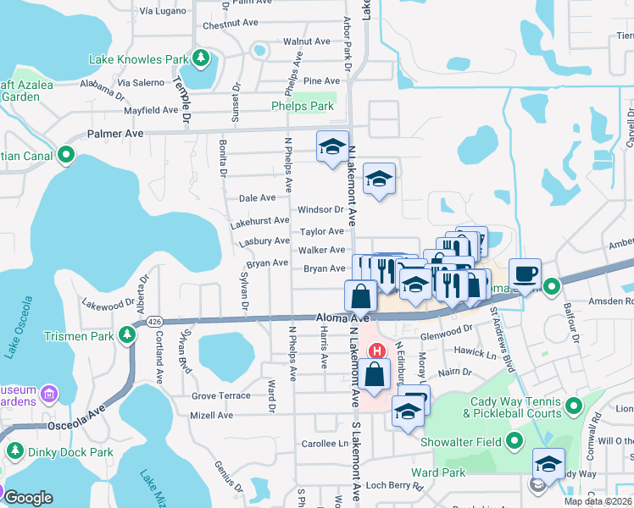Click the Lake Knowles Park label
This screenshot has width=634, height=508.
coord(138,59)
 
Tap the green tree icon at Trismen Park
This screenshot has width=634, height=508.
coord(127,335)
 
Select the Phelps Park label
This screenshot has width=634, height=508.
coord(303,107)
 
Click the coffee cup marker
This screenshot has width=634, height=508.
coord(526,273)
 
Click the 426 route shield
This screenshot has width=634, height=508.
coord(153,322)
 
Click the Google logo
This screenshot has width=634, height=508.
coord(27,498)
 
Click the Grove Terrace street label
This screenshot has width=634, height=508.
coord(221,395)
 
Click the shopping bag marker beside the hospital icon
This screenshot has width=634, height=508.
coord(374,374)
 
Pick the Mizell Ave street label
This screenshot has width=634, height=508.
coord(212,416)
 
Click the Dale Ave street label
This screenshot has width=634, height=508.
coord(258,198)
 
